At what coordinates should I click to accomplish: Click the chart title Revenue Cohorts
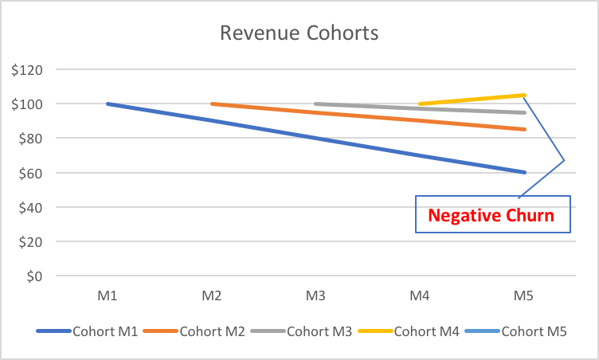tap(299, 33)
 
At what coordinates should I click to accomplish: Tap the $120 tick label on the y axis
tap(27, 69)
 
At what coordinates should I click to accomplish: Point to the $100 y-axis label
tap(27, 104)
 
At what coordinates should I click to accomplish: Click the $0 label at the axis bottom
tap(33, 276)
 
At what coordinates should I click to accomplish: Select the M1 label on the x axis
tap(108, 296)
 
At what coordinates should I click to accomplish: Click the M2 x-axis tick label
tap(211, 296)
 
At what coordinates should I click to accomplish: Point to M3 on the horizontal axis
tap(315, 296)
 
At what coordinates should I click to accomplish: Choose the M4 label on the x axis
tap(419, 296)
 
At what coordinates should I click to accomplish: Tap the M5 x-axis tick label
tap(523, 296)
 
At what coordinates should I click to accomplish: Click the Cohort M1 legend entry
tap(105, 331)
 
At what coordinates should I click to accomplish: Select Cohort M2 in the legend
tap(213, 331)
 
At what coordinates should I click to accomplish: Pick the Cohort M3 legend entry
tap(319, 331)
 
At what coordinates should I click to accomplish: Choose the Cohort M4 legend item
tap(426, 331)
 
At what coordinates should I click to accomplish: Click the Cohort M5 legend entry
tap(534, 331)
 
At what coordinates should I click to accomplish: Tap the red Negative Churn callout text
tap(491, 215)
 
